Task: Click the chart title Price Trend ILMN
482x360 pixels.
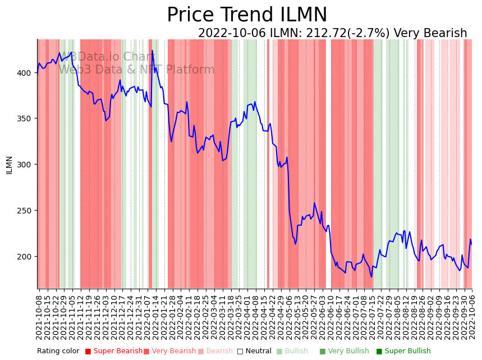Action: pos(247,15)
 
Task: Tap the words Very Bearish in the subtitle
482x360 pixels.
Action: pos(430,33)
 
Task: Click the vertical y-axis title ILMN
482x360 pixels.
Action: pos(9,165)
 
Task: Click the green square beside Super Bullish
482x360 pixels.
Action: pos(379,352)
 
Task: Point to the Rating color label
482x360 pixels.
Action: pos(58,352)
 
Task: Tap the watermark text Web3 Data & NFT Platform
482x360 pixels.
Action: pos(136,70)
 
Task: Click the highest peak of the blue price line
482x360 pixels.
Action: pos(152,51)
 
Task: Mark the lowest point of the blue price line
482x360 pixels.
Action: pos(371,276)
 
